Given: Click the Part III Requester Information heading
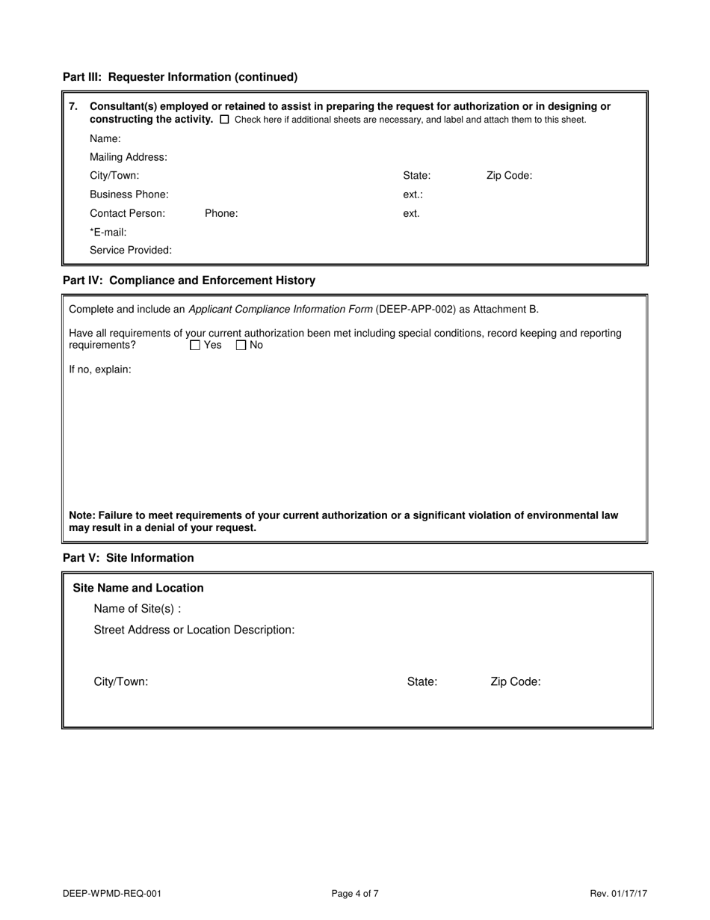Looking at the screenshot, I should pos(180,77).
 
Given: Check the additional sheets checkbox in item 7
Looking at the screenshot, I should pos(225,120).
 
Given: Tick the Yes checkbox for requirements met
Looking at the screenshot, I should pos(195,346).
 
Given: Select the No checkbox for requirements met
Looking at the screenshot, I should pos(241,346).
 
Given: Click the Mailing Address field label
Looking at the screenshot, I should pos(129,157).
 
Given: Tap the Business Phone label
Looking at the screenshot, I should pos(129,194).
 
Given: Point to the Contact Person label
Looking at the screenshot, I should pos(128,213).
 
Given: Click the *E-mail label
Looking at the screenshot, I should pos(108,232).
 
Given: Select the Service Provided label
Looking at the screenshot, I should pos(131,250).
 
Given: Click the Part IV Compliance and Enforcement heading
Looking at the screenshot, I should pos(189,280).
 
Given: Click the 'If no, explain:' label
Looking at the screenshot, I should pos(100,369).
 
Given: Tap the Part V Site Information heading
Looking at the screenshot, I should pos(129,558).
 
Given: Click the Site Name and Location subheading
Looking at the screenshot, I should pos(138,588).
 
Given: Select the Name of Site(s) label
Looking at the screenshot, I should pos(138,608).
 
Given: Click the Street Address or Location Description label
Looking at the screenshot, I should pos(194,630).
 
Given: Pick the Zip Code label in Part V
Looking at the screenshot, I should pos(516,682).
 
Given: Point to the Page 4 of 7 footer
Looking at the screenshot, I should pos(355,893).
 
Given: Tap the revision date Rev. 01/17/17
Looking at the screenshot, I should pos(618,893).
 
